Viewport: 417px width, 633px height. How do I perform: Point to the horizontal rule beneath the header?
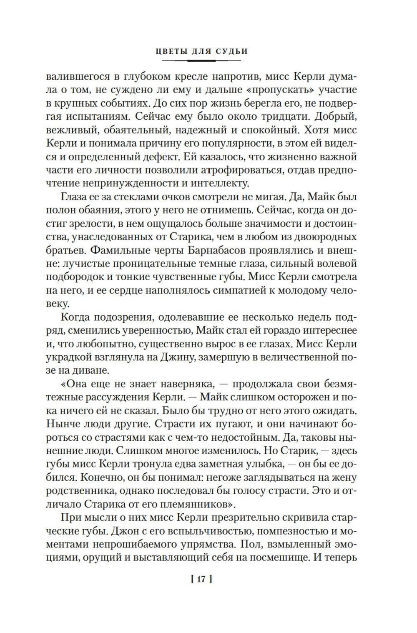click(x=201, y=61)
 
